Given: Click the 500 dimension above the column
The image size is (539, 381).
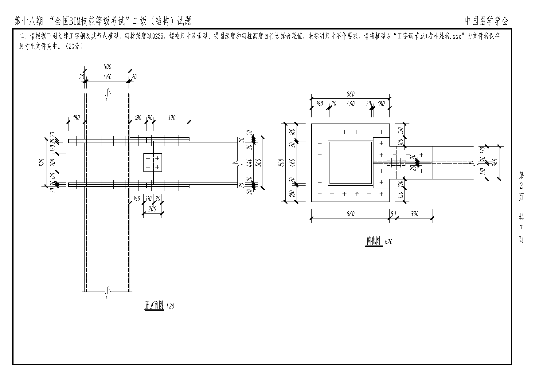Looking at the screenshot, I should pos(107,67).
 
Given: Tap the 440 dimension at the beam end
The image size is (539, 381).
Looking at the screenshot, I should pos(249,162).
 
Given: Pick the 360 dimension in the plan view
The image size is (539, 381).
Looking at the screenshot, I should pos(495,162).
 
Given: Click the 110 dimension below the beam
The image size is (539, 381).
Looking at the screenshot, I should pos(149,199).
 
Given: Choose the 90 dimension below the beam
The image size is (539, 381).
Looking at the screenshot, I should pos(158,199).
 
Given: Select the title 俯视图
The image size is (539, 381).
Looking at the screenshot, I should pos(373,241).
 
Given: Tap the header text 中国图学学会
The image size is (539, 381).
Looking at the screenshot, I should pos(486,21).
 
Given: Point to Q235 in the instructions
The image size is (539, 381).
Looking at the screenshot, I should pos(158,36).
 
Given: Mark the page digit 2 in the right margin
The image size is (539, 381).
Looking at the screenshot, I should pos(521,186).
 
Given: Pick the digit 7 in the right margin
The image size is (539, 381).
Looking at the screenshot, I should pos(521,228).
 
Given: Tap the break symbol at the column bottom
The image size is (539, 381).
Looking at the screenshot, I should pos(107,291).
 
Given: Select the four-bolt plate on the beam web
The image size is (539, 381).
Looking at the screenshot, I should pos(153,163).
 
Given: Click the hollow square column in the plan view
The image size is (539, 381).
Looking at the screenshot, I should pos(350,163).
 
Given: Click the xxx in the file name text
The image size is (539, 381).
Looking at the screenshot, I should pos(457,36).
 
